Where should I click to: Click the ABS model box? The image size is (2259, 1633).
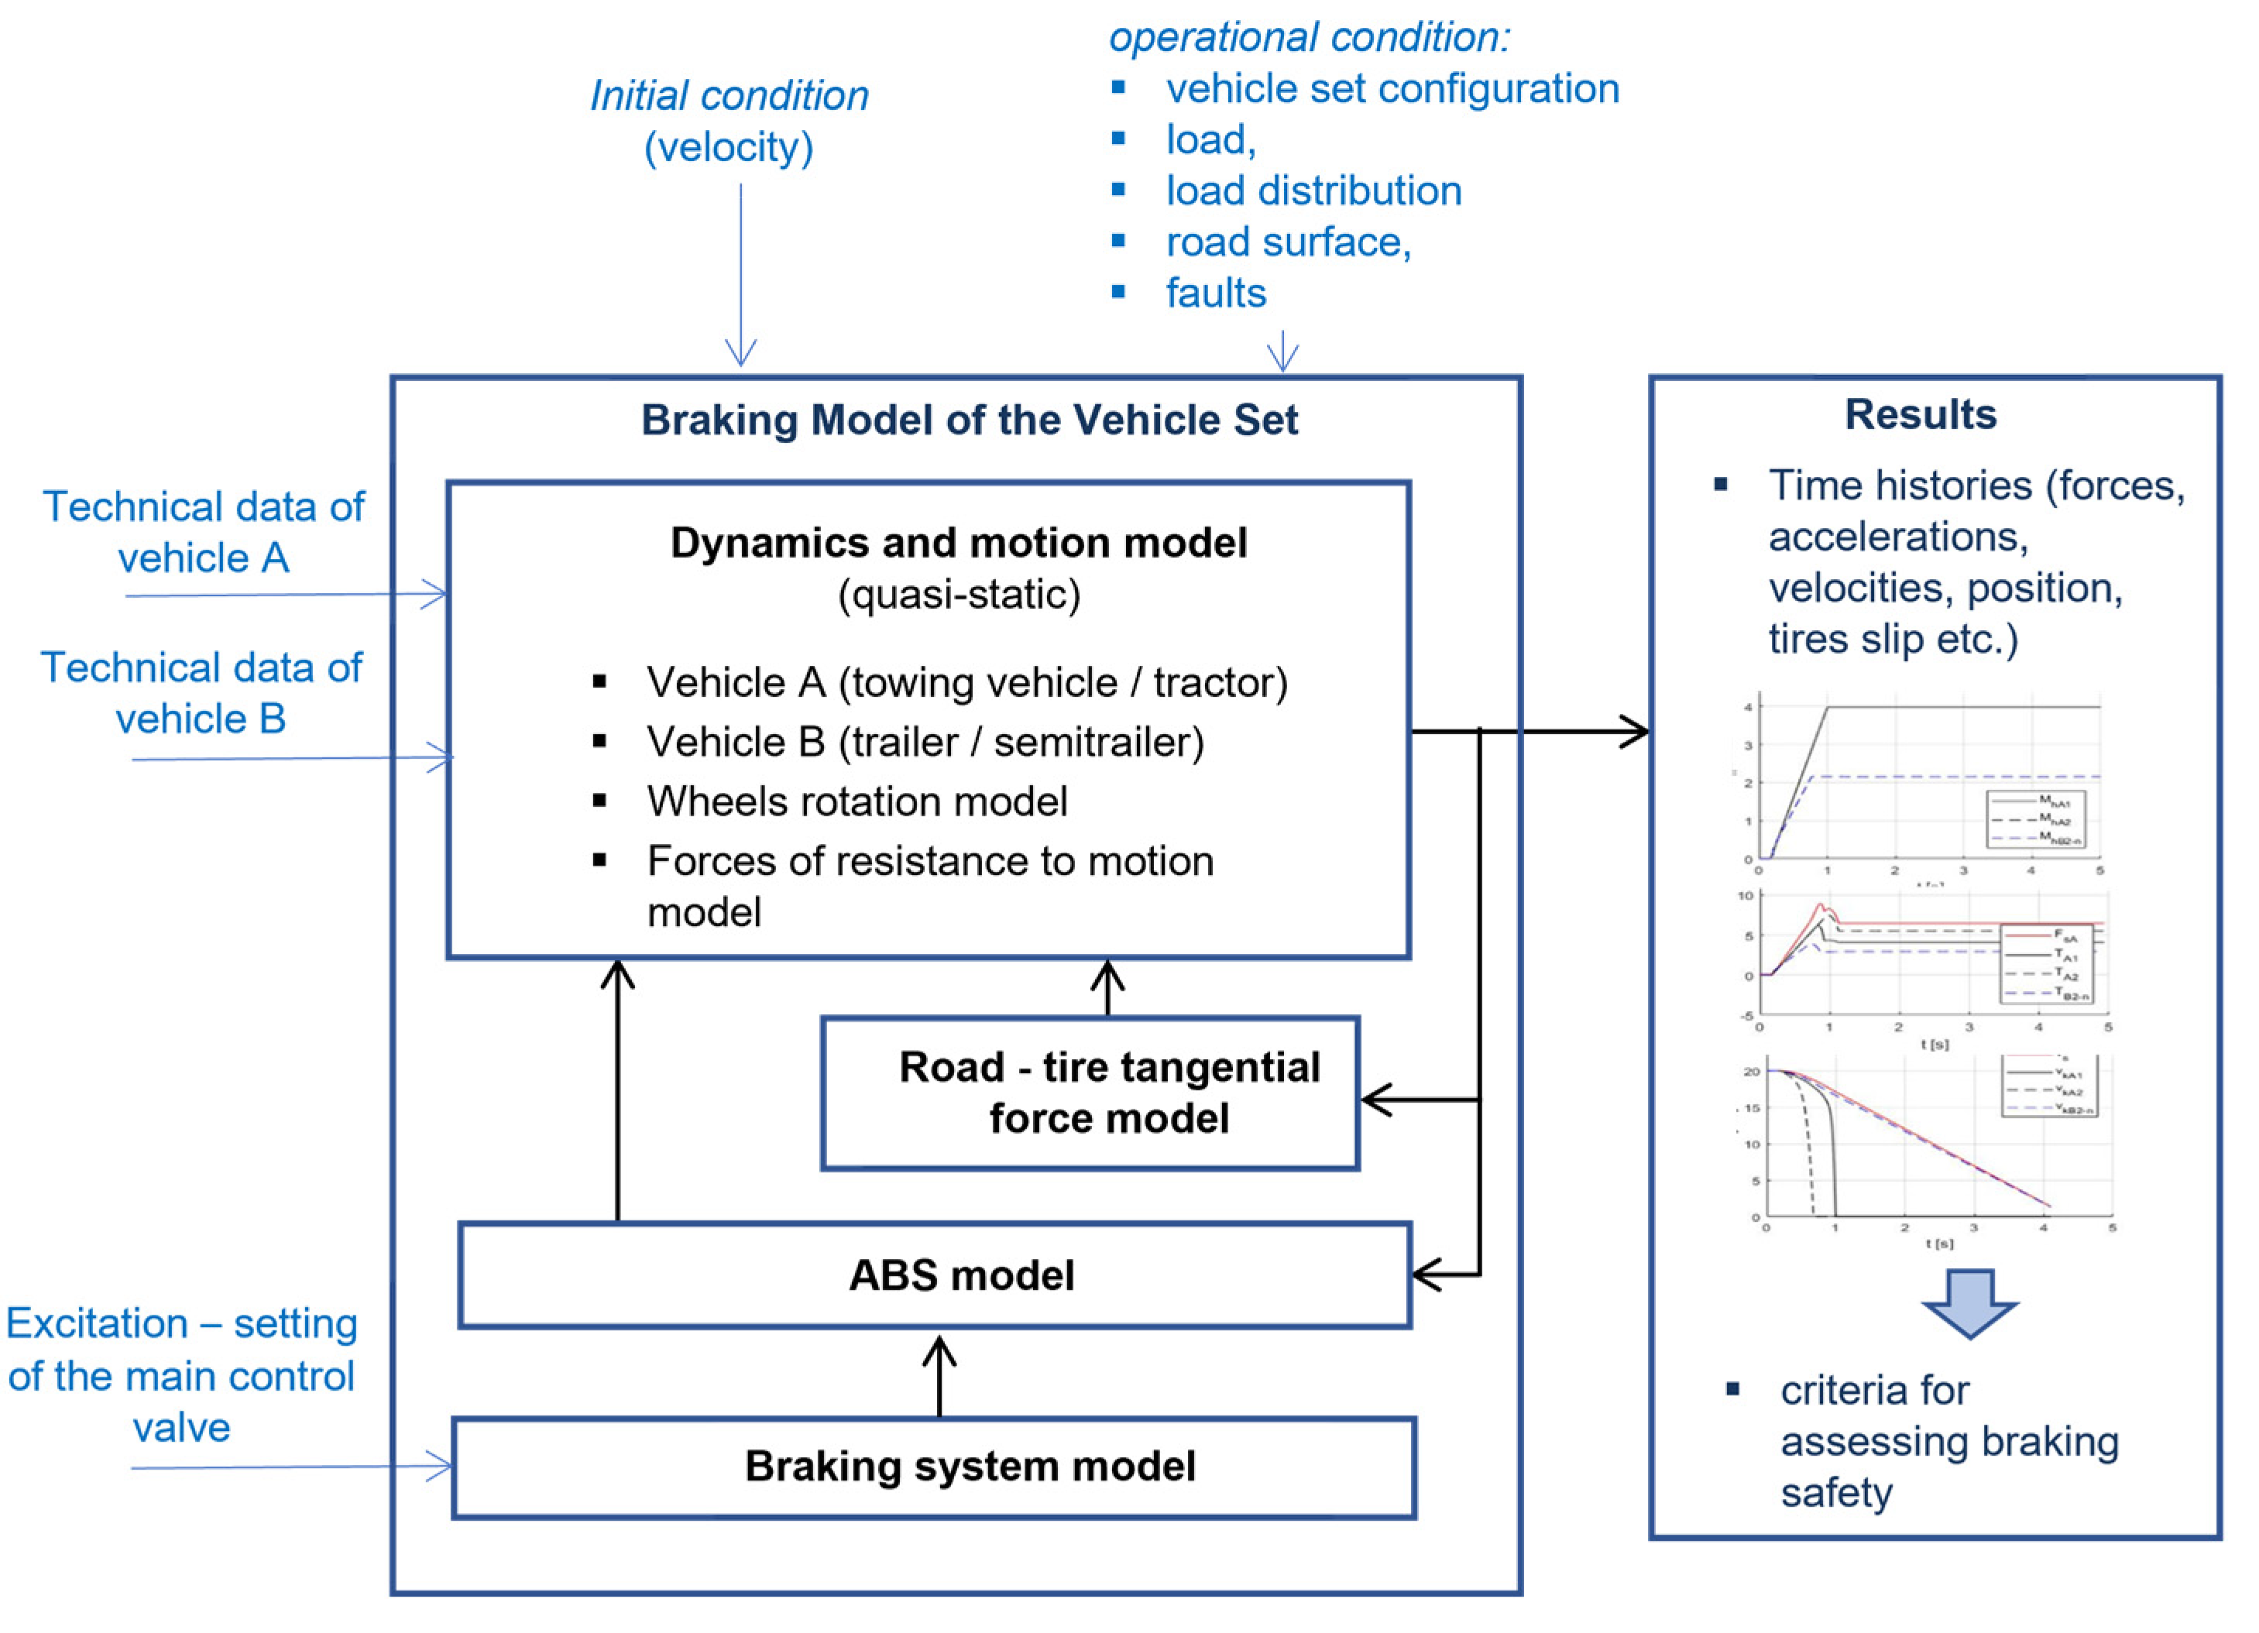[934, 1275]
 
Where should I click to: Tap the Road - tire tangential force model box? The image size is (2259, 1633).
[1090, 1093]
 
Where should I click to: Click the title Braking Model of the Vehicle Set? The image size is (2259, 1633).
[968, 420]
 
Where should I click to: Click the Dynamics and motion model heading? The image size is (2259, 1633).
[958, 543]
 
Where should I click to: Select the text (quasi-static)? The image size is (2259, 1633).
[958, 595]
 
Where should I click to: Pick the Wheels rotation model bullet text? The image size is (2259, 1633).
[857, 801]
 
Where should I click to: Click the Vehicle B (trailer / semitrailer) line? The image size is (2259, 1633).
[925, 742]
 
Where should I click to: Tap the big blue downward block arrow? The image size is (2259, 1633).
[1969, 1302]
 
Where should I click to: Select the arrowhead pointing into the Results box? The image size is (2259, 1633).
[1633, 732]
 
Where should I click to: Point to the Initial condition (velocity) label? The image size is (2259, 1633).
[729, 122]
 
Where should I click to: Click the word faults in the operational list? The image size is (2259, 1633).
[1215, 293]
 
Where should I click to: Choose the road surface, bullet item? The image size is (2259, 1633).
[1288, 242]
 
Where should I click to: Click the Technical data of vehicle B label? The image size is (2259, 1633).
[201, 693]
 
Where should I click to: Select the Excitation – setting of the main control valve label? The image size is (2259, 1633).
[181, 1375]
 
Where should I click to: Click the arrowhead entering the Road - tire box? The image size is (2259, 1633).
[1375, 1100]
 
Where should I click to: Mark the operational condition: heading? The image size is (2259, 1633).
[1309, 38]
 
